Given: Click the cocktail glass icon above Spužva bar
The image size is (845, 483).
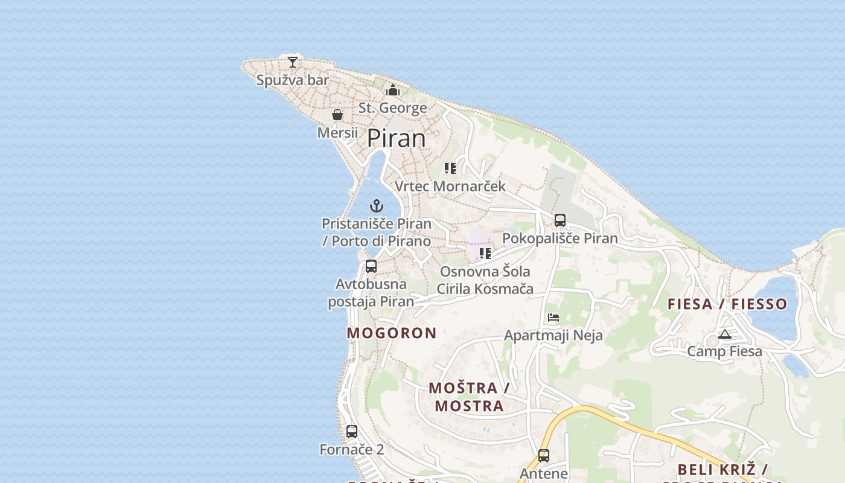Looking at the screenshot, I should (x=293, y=62).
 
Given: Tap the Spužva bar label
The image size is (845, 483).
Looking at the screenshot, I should (x=293, y=80).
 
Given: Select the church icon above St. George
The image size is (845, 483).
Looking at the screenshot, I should (x=393, y=91).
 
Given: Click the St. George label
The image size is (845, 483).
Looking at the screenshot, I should (x=393, y=108).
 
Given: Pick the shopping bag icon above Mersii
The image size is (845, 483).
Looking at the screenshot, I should (x=337, y=115).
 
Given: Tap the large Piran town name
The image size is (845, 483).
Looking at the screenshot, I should (x=397, y=138).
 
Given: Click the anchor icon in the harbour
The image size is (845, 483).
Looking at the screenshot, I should (x=377, y=206).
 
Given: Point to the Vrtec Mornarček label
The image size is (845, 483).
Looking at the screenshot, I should (x=450, y=186).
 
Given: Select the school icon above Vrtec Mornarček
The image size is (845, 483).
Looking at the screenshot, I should (x=450, y=168).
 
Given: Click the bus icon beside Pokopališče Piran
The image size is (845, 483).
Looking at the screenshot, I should (x=560, y=220).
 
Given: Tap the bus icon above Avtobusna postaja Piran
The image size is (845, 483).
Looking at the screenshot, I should (x=371, y=266).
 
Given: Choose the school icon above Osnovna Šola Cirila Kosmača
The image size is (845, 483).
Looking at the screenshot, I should (x=485, y=254).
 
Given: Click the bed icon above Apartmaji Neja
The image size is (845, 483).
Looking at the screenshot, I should (x=553, y=317).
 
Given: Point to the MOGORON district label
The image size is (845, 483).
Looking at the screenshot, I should (x=392, y=333).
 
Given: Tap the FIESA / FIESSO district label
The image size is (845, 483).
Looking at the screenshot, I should (x=727, y=304).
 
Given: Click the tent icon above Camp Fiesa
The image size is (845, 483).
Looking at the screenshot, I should (x=725, y=334).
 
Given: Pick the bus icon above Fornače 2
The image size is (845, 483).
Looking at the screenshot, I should (x=352, y=432).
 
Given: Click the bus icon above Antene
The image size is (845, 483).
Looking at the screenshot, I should (x=544, y=456).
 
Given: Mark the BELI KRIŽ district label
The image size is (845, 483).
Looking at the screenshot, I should (x=722, y=469).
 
